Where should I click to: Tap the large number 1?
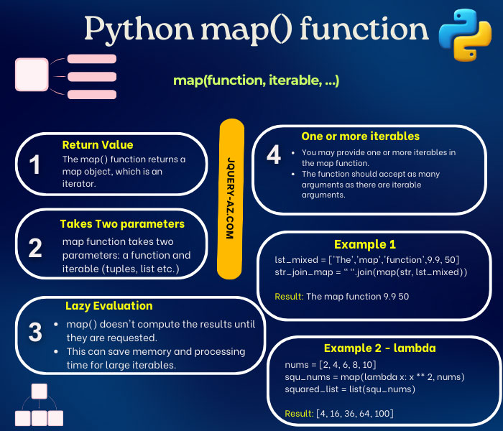click(34, 165)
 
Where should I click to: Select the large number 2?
click(35, 248)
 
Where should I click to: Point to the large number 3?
click(35, 332)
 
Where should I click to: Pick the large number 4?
click(273, 156)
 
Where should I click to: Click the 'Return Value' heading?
click(98, 144)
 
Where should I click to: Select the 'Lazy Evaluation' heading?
click(109, 305)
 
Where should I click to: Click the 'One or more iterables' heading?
click(360, 136)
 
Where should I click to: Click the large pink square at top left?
click(31, 74)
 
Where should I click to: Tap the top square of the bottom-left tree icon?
click(40, 391)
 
